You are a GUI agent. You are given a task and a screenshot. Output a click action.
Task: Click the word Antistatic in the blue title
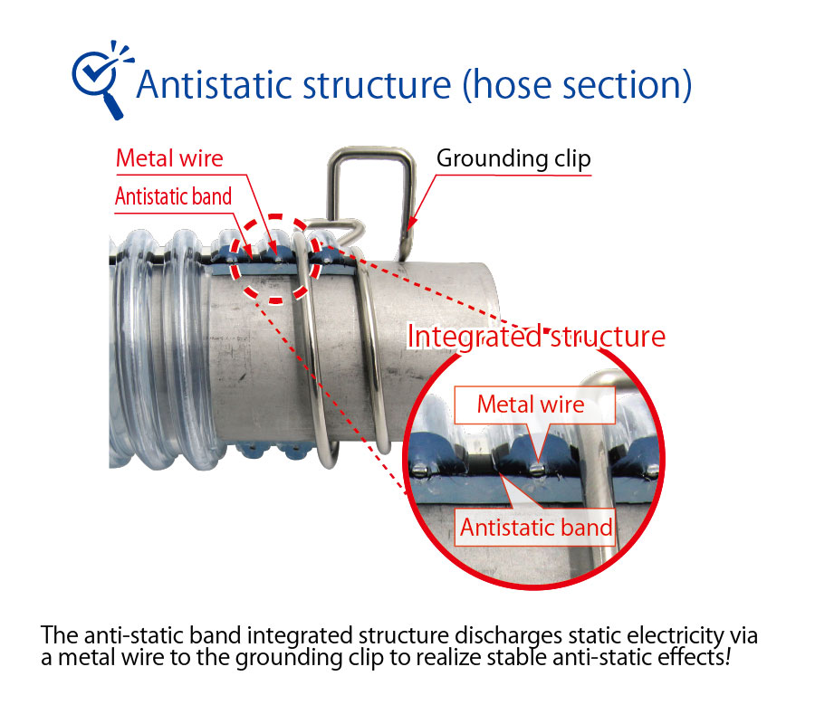point(214,84)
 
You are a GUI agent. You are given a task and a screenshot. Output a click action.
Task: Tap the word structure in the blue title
point(377,85)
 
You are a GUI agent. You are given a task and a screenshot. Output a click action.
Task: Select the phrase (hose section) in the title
point(577,85)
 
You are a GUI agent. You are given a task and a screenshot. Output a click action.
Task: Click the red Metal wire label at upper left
point(169,157)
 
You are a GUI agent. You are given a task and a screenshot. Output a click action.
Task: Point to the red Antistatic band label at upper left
point(173,196)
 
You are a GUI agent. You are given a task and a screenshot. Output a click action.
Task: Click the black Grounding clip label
point(513,158)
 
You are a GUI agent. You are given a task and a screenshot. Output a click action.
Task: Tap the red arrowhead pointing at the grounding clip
point(412,223)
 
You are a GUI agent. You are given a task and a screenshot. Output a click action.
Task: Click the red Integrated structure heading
point(536,337)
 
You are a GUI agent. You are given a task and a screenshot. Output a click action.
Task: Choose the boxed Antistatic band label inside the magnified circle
point(535,527)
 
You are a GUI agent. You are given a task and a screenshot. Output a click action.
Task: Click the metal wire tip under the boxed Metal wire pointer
point(537,470)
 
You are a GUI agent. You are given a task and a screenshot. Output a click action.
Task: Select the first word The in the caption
point(59,635)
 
